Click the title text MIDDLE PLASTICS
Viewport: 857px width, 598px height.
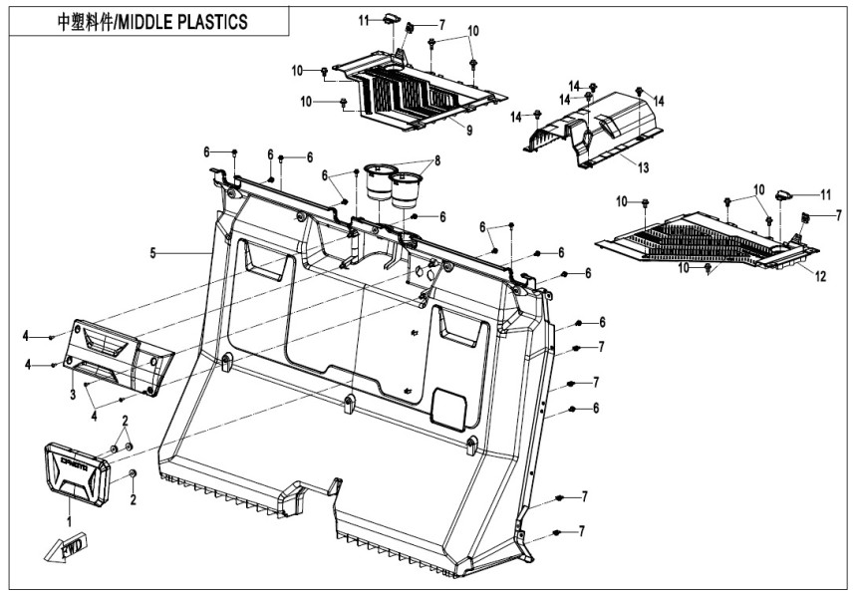(x=181, y=22)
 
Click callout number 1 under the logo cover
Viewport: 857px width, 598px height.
(x=70, y=521)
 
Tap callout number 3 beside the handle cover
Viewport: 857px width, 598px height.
(x=73, y=396)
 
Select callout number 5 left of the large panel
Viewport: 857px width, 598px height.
(x=153, y=254)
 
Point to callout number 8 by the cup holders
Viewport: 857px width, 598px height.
(x=436, y=160)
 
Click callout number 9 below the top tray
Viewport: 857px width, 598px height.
(x=467, y=130)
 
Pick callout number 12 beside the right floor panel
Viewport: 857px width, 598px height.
(x=820, y=277)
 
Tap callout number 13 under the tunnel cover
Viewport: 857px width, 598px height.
(x=643, y=165)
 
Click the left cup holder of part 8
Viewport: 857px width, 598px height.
(x=379, y=183)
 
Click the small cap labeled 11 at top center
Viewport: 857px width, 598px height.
(x=393, y=17)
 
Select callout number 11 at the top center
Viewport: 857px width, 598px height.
(x=365, y=19)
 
